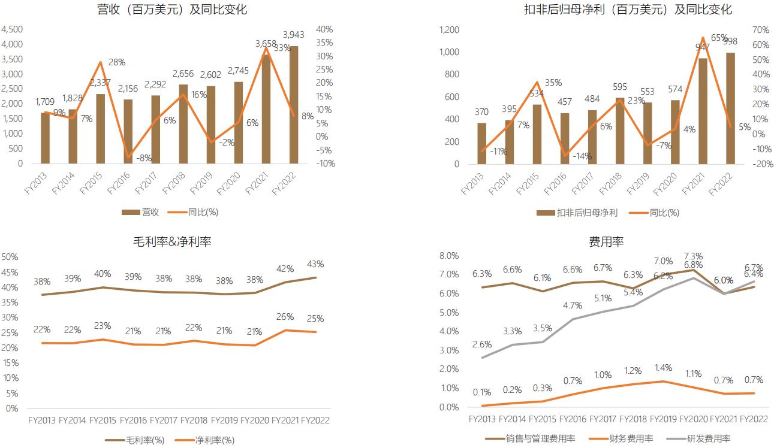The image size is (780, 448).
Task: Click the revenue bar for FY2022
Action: (x=293, y=105)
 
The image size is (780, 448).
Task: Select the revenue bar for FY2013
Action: (x=45, y=138)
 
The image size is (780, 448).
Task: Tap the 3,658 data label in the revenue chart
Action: (x=266, y=44)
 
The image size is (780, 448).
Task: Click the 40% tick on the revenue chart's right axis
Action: (x=324, y=29)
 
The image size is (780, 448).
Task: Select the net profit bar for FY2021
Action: (x=702, y=111)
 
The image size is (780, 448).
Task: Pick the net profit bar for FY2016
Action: (x=564, y=138)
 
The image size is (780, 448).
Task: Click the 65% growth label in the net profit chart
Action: (x=719, y=37)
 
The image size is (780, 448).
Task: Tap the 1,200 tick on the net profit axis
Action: (x=450, y=29)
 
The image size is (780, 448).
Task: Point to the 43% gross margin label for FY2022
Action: (x=315, y=264)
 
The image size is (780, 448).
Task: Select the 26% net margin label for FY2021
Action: (x=285, y=317)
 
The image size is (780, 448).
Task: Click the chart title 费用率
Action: (x=606, y=241)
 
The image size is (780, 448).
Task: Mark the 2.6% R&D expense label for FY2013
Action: (x=482, y=344)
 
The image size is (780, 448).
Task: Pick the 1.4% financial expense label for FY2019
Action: (x=662, y=368)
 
